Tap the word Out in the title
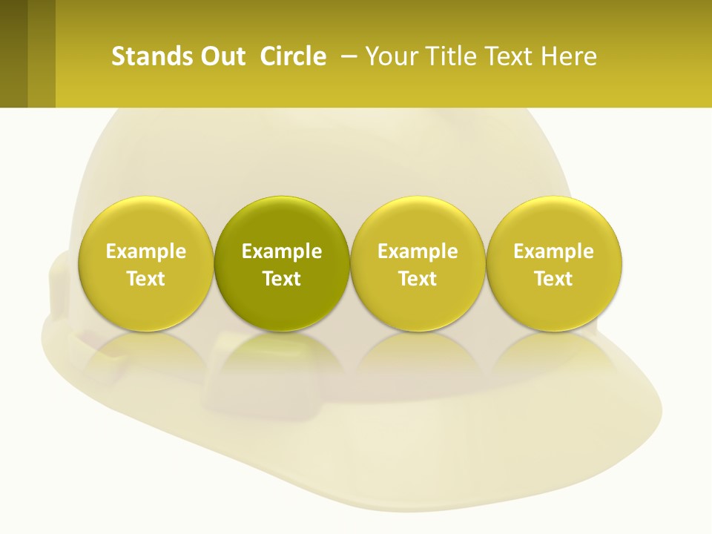222,56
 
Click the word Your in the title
389,56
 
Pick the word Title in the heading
444,56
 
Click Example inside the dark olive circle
282,252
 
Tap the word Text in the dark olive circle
282,279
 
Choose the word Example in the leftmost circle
146,252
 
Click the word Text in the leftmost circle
146,279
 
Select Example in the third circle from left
418,252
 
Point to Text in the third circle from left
418,279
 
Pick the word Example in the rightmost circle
553,252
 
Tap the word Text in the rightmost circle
553,279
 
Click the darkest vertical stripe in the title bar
13,53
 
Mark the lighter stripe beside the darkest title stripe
42,53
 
